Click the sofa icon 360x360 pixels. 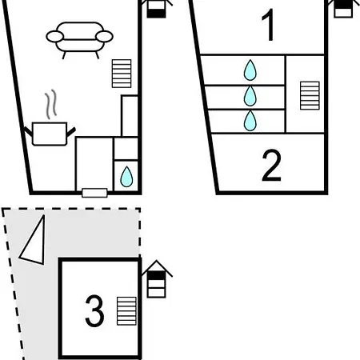pyautogui.click(x=79, y=40)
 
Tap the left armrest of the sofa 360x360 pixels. pyautogui.click(x=55, y=37)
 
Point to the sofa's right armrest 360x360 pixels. pyautogui.click(x=104, y=37)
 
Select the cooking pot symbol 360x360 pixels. pyautogui.click(x=50, y=134)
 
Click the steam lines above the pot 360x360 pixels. pyautogui.click(x=50, y=104)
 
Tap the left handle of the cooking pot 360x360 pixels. pyautogui.click(x=28, y=132)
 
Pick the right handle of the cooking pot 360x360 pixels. pyautogui.click(x=71, y=132)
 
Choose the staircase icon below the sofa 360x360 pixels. pyautogui.click(x=122, y=74)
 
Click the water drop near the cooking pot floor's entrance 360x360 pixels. pyautogui.click(x=126, y=177)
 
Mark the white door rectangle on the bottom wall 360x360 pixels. pyautogui.click(x=94, y=193)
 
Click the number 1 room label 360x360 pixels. pyautogui.click(x=269, y=25)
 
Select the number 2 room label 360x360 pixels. pyautogui.click(x=271, y=166)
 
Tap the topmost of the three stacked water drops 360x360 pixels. pyautogui.click(x=250, y=70)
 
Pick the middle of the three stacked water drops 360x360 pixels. pyautogui.click(x=250, y=96)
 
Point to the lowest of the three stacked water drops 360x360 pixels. pyautogui.click(x=250, y=121)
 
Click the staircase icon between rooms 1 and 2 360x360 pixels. pyautogui.click(x=310, y=95)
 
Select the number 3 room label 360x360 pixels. pyautogui.click(x=94, y=311)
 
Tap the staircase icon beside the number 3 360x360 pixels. pyautogui.click(x=126, y=311)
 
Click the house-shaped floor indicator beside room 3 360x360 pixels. pyautogui.click(x=157, y=279)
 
